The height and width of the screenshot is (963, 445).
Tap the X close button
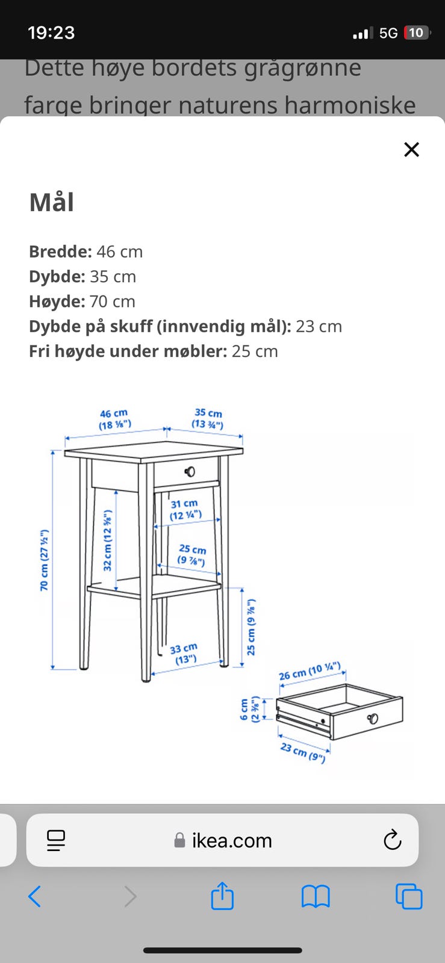coord(411,150)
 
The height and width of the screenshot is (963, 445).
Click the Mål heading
coord(52,202)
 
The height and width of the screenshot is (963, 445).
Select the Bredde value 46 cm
coord(119,252)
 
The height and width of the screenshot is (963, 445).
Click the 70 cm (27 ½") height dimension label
coord(45,560)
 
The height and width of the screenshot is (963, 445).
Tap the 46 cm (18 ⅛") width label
coord(114,420)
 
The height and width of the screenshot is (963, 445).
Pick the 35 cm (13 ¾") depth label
coord(208,418)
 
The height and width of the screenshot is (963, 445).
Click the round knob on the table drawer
coord(190,472)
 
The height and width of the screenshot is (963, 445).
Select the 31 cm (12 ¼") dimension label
coord(185,509)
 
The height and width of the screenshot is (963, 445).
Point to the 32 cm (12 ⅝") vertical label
coord(108,540)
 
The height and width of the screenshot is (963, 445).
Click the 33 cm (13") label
coord(184,654)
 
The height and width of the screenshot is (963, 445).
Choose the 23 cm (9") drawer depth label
coord(303,752)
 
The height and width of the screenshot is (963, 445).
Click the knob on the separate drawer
coord(373,718)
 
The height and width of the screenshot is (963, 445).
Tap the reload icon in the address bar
coord(392,840)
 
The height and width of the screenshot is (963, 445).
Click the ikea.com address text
coord(232,840)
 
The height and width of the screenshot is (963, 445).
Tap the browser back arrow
coord(34,896)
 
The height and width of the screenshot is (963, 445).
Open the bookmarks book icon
coord(316,897)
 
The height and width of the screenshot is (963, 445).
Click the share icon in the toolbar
coord(222,896)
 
